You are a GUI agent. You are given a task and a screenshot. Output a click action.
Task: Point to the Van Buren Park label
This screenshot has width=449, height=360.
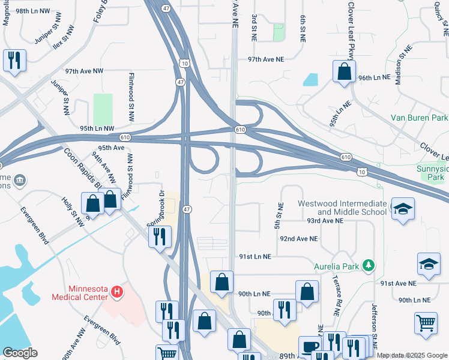[x=419, y=118]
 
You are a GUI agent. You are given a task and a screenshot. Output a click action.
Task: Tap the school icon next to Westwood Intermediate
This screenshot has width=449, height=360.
[x=403, y=209]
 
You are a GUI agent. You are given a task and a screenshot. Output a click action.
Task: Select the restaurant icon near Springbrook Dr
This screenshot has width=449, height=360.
[x=160, y=236]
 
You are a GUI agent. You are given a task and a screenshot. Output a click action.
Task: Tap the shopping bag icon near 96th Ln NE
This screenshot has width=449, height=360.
[x=345, y=71]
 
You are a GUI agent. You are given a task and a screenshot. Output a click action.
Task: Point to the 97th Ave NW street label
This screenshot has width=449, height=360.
[x=85, y=71]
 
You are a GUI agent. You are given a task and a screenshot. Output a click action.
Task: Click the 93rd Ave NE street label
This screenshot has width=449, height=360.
[x=324, y=221]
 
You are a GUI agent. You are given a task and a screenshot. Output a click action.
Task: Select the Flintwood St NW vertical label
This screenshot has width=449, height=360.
[x=131, y=96]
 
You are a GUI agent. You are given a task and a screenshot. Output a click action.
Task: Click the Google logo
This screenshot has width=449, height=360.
[x=20, y=353]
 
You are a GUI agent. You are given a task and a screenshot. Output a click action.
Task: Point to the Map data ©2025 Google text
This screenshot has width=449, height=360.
[x=412, y=355]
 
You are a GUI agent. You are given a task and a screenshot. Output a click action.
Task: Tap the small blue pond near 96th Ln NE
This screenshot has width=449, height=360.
[x=311, y=79]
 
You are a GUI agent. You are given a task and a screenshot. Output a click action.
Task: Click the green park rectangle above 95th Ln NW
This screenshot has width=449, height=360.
[x=103, y=108]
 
